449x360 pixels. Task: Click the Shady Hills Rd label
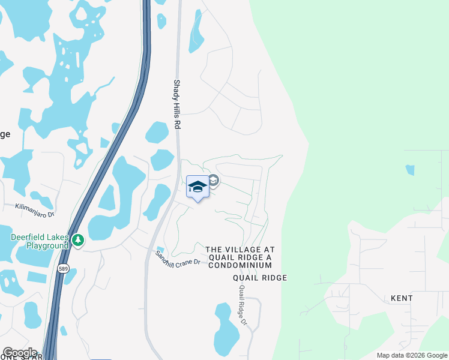(177, 105)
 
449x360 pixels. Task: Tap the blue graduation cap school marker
(197, 187)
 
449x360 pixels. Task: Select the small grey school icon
(213, 181)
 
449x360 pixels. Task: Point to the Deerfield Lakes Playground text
(40, 241)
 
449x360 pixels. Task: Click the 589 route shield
(64, 269)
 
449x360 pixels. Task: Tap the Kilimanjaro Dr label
(35, 210)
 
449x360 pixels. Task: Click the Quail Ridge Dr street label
(243, 305)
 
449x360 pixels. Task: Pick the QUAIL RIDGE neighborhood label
(261, 278)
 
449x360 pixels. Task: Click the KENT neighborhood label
(402, 298)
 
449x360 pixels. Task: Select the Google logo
(20, 353)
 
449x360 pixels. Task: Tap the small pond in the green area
(410, 170)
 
